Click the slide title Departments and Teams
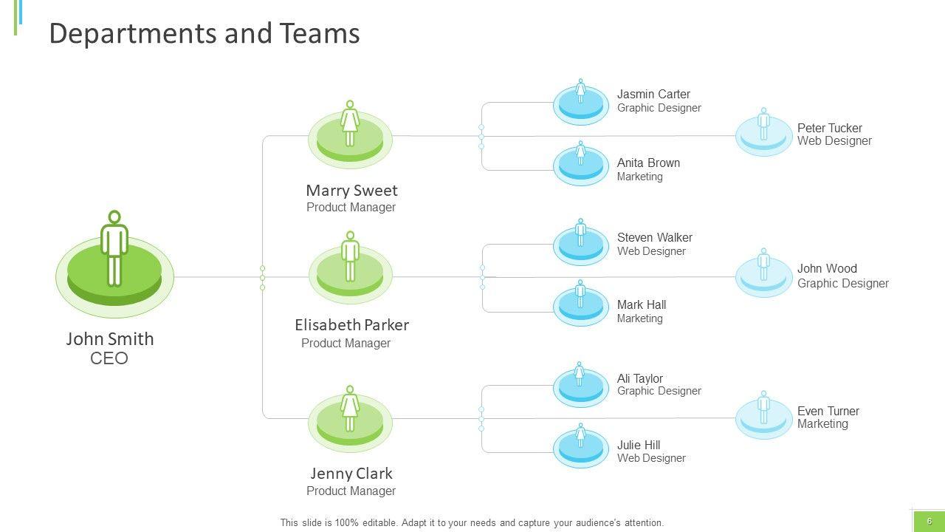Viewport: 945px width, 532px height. point(204,34)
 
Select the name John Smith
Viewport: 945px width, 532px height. point(110,339)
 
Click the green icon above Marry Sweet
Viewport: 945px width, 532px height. point(350,137)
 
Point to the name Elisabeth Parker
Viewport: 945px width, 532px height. point(351,325)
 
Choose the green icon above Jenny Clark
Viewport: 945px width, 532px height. point(350,420)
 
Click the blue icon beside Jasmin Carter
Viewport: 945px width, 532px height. point(581,104)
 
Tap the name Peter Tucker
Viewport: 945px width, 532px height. point(829,128)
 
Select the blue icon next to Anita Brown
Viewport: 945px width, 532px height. point(581,165)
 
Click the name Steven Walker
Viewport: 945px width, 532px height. point(654,237)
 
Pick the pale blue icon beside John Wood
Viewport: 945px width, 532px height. point(763,275)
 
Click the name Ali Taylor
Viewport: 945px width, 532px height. point(639,378)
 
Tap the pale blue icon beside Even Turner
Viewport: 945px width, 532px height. point(763,417)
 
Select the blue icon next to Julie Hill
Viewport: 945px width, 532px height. point(581,446)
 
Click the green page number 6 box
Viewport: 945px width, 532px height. point(929,521)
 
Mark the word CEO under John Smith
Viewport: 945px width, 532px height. point(109,359)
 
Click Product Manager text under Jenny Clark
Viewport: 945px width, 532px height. point(351,491)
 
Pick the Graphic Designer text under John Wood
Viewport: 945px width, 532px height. point(842,283)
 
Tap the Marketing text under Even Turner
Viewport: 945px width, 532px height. point(822,424)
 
